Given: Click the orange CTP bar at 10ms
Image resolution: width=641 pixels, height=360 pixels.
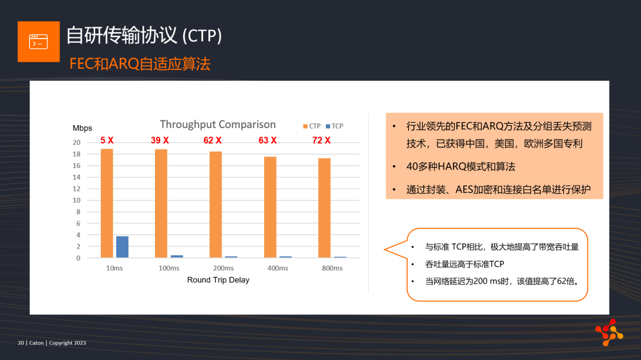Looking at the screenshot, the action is pos(107,203).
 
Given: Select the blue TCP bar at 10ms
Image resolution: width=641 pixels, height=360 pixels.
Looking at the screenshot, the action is pos(122,247).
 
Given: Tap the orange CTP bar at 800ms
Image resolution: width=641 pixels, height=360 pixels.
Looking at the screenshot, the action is pos(324,208).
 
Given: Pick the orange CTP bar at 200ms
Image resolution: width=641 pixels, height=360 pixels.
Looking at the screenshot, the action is pos(216,205).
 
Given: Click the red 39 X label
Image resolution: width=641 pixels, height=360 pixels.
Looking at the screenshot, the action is pos(160,141).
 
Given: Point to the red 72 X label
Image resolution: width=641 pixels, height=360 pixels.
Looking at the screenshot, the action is pos(321,141).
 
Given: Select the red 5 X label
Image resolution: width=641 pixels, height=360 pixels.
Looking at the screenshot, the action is pos(107,141).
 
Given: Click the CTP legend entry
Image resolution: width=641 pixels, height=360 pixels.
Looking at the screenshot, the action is pos(312,126).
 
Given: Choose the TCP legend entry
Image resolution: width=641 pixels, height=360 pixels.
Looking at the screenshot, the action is pos(334,126).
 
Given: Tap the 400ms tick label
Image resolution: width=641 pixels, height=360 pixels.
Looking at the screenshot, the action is pos(278,269).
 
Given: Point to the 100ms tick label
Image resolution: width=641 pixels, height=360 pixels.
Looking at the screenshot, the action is pos(169,269).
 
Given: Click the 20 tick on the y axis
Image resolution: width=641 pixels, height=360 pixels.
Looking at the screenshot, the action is pos(77,142).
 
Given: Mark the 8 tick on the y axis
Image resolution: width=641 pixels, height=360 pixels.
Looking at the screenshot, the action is pos(78,212).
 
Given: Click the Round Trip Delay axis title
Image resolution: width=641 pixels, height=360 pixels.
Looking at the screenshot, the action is pos(218,280).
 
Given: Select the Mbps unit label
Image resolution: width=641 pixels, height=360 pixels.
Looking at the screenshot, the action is pos(82,128).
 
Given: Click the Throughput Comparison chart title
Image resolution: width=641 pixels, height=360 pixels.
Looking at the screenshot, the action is pos(218,124).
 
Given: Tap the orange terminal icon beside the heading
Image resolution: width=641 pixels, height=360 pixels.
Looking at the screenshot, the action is pos(39,42).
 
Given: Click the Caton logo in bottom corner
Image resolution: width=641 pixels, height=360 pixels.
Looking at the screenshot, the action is pos(609,332).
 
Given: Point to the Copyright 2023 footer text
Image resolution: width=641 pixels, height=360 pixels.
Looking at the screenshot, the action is pos(68,343).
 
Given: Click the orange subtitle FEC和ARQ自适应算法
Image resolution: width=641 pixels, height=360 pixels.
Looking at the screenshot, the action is pos(140,64).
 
